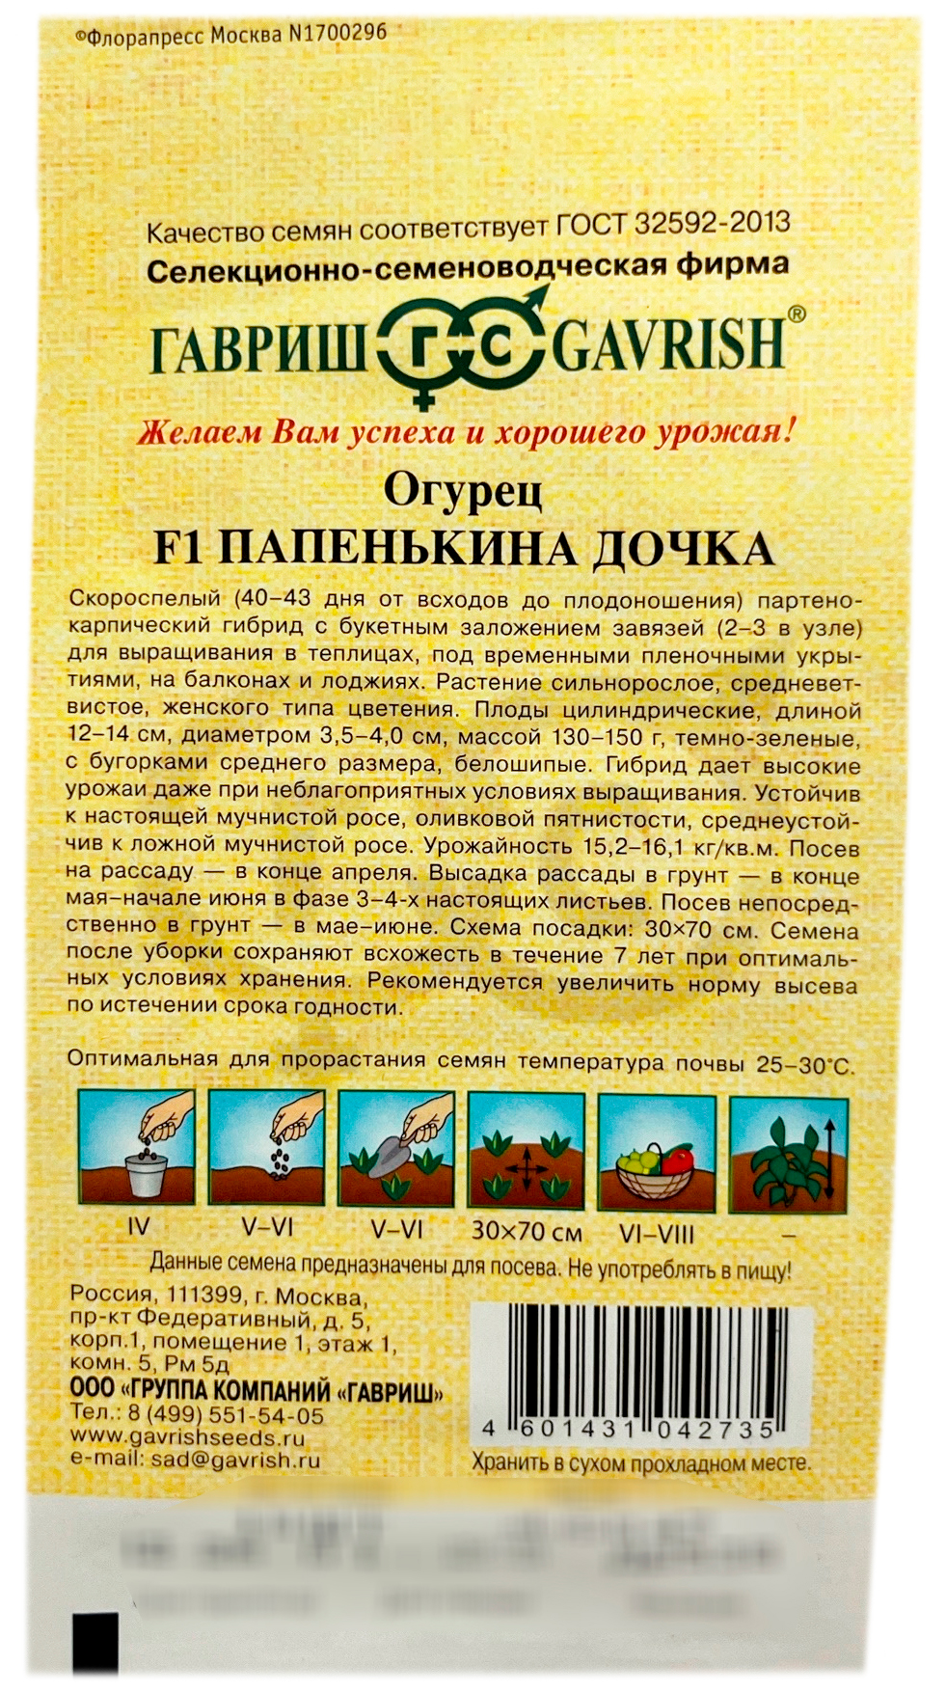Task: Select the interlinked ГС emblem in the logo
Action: (455, 351)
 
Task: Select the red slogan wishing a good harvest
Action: (467, 431)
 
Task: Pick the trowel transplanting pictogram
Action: (395, 1149)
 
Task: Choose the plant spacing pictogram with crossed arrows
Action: (526, 1151)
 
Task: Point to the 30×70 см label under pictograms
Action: (527, 1232)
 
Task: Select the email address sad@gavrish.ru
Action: (235, 1460)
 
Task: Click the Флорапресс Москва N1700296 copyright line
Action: (230, 35)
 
